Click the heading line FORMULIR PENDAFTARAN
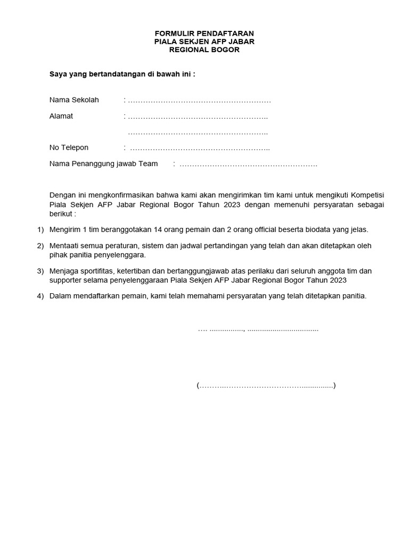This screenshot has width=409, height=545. [204, 33]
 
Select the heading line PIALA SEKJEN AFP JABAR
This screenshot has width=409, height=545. [204, 42]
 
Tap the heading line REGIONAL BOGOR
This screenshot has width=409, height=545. [204, 50]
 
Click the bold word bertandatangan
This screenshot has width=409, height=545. [110, 74]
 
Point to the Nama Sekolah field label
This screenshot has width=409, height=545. [74, 100]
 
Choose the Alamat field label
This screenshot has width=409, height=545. [61, 116]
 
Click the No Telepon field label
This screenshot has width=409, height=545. [69, 147]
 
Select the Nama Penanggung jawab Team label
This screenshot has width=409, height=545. [103, 163]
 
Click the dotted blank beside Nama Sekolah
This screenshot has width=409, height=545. [199, 101]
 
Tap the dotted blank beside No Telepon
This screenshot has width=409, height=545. [200, 148]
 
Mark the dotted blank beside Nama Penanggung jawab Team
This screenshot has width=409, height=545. [248, 164]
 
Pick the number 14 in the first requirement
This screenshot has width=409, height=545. [158, 229]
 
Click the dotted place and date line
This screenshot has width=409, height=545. [258, 329]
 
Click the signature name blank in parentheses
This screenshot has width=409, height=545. [266, 385]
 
